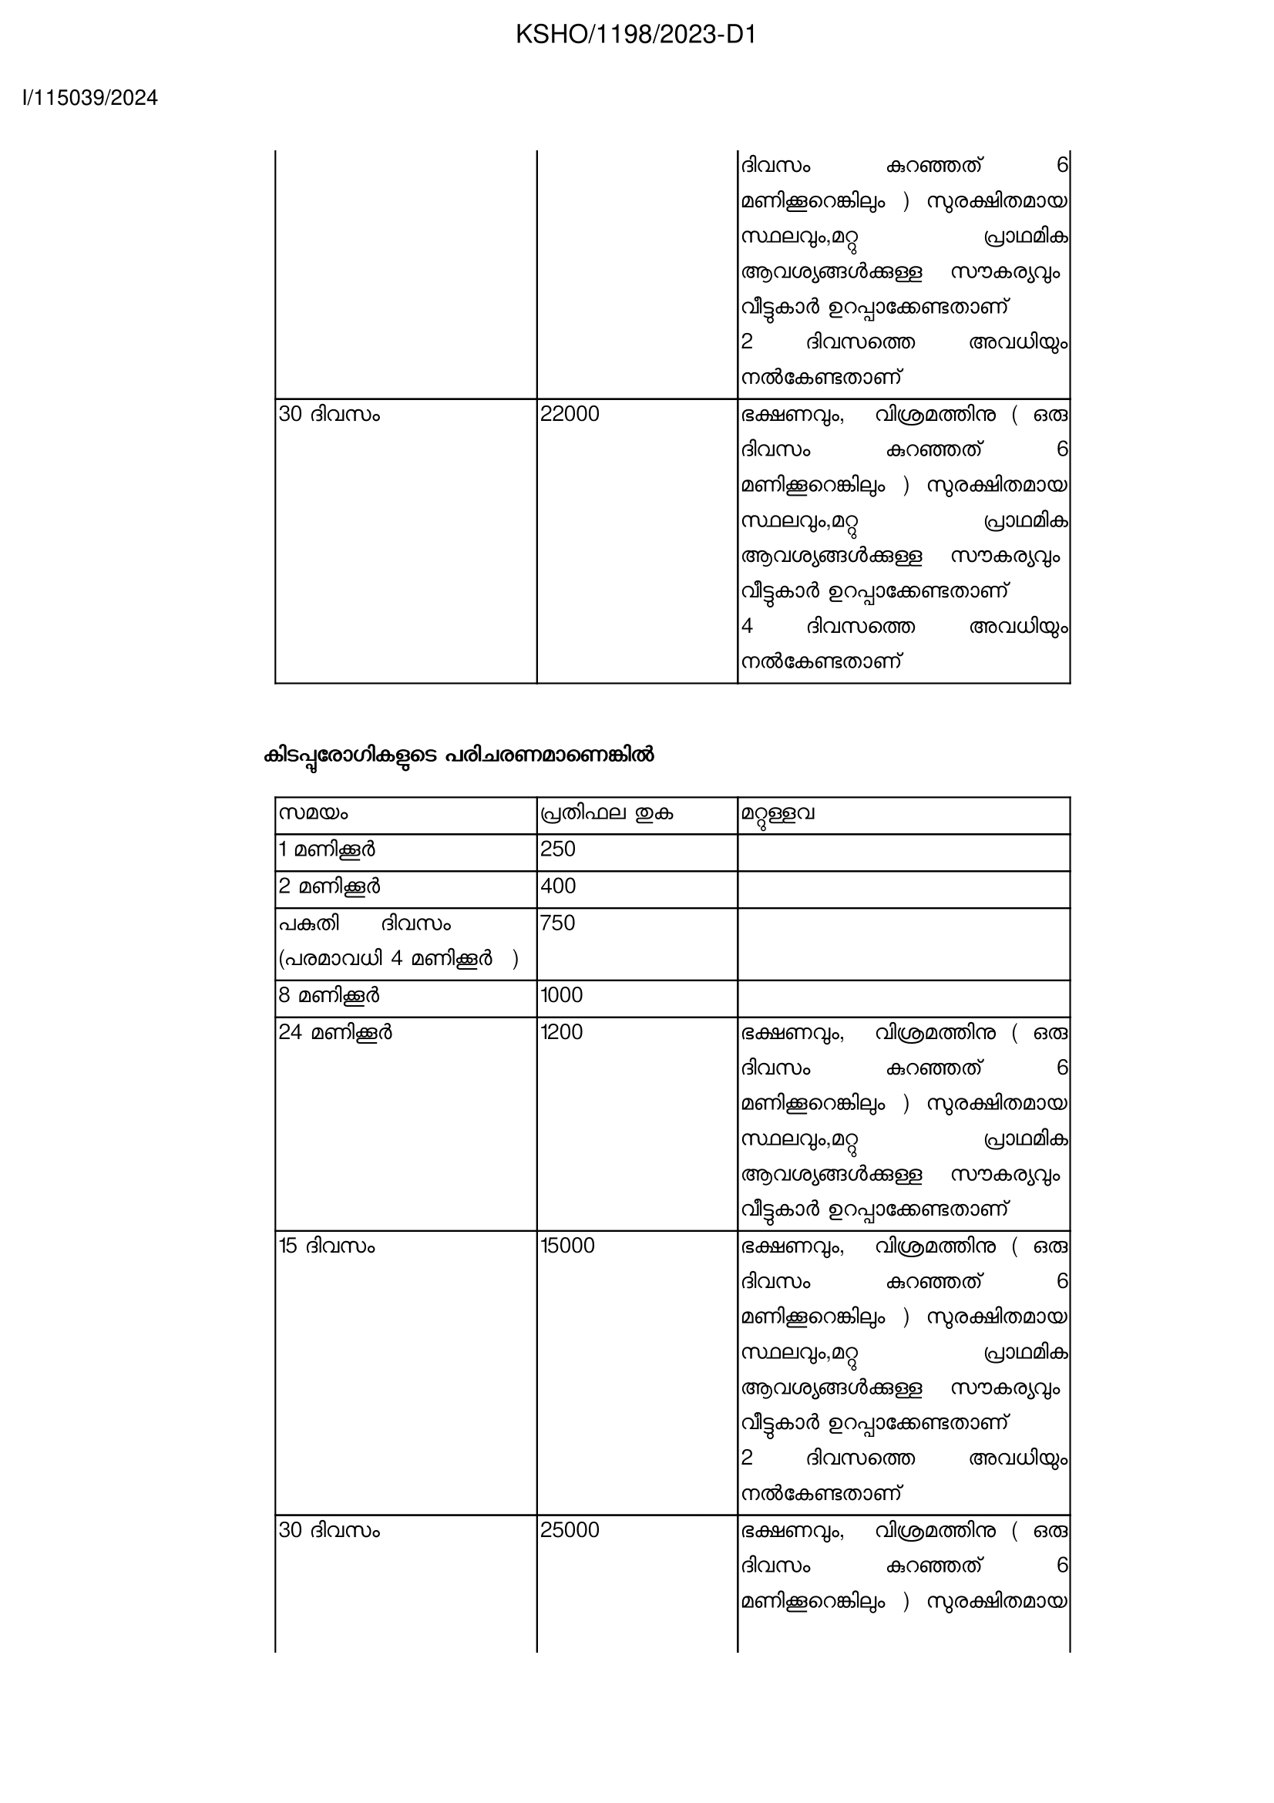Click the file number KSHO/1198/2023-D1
coord(636,35)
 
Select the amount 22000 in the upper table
coord(569,414)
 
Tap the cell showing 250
coord(558,849)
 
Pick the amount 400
coord(558,886)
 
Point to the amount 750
coord(558,923)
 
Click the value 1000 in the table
coord(562,995)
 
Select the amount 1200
coord(562,1032)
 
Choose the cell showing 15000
coord(567,1246)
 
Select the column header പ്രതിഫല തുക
coord(606,812)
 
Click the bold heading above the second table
coord(459,755)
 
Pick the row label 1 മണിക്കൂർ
coord(328,849)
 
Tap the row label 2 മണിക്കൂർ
coord(330,886)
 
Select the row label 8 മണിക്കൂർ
coord(330,995)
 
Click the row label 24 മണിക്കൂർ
coord(336,1032)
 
